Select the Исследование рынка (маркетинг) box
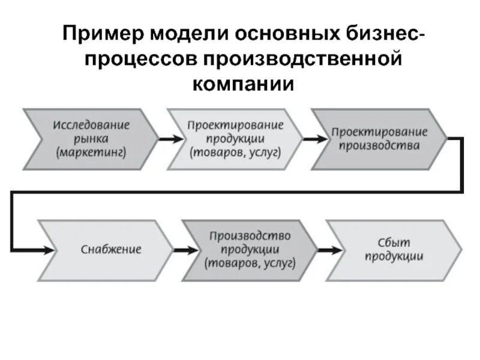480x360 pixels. (x=91, y=139)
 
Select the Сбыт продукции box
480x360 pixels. (x=394, y=248)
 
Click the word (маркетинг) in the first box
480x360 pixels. (x=91, y=152)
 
